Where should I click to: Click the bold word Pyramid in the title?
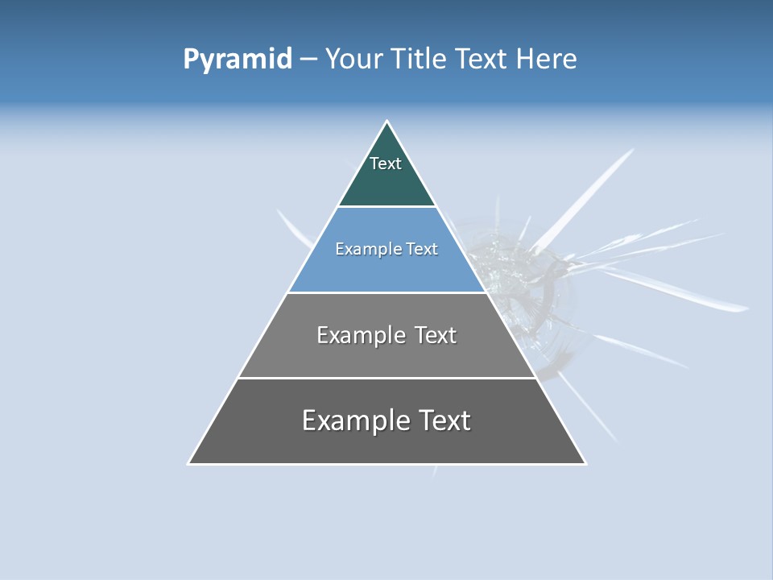tap(237, 60)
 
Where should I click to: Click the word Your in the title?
tap(353, 60)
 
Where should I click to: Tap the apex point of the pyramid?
tap(387, 122)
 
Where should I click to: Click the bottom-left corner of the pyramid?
tap(189, 463)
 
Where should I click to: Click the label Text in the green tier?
tap(386, 164)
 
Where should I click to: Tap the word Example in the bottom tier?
tap(354, 420)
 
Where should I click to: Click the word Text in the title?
tap(481, 60)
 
